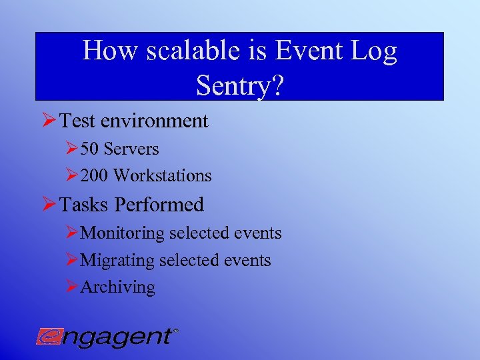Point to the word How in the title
102,51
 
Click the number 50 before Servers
90,149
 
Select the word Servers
131,149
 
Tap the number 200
95,176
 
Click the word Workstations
162,176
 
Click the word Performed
159,204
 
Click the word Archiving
117,287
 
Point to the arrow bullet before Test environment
49,121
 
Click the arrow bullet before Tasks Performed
49,204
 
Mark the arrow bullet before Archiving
72,287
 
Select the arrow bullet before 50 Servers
72,148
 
